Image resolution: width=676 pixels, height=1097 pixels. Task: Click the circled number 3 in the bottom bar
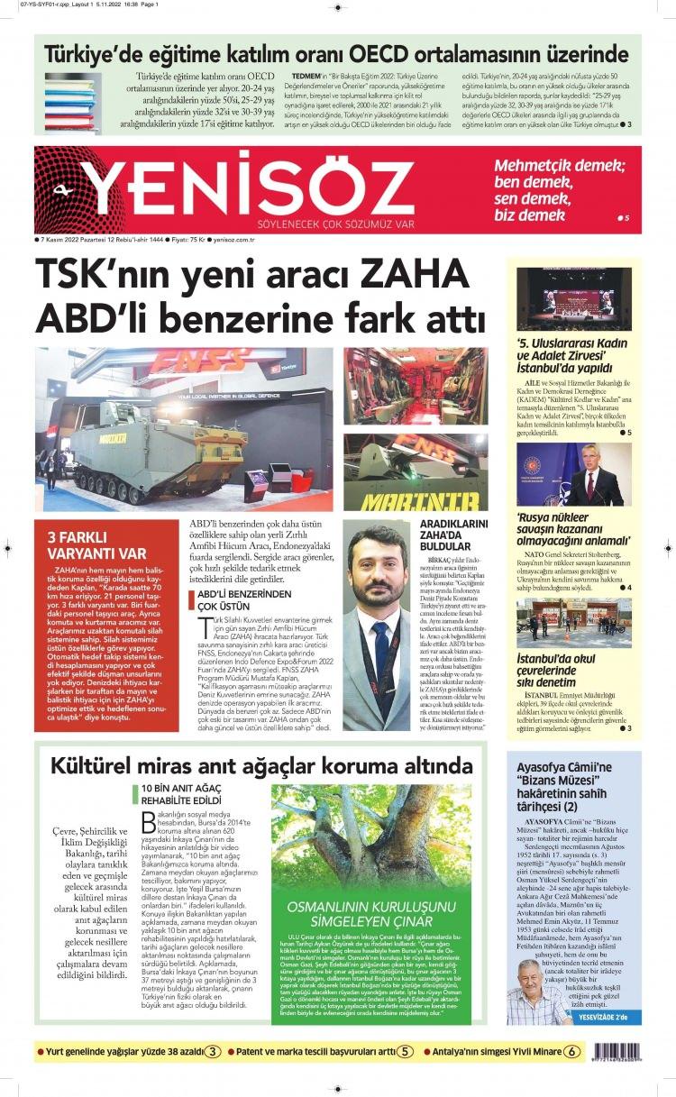(x=212, y=1051)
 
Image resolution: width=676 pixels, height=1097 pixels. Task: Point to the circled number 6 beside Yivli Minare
(x=571, y=1051)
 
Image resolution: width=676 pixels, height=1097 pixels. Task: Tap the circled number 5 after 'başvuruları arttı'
(x=407, y=1051)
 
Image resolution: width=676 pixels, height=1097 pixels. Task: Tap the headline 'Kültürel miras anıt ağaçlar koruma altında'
(x=261, y=767)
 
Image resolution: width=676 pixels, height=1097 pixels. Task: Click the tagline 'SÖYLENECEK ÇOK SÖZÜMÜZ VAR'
(x=335, y=223)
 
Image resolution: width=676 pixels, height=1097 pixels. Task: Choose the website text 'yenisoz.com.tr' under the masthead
(x=234, y=240)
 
